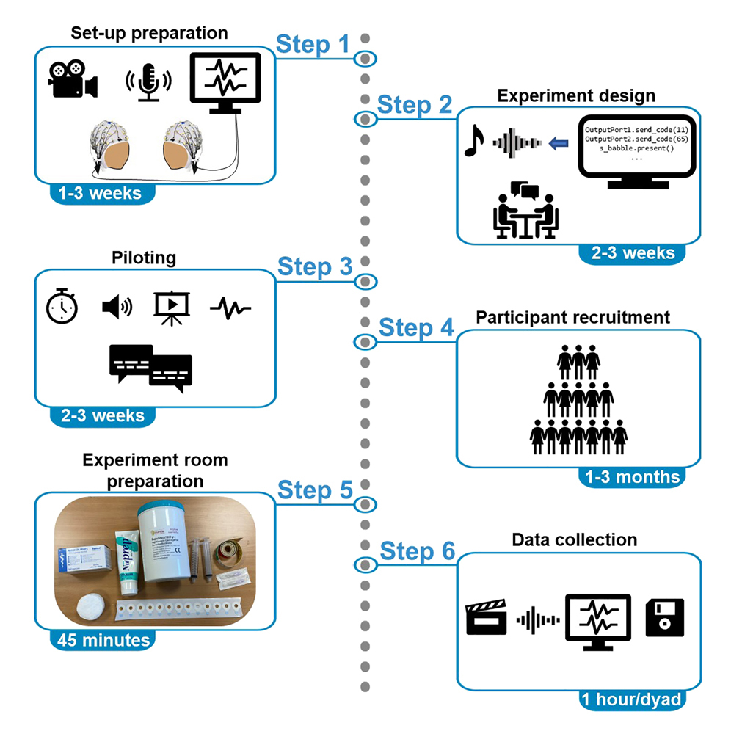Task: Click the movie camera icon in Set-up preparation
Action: (x=73, y=79)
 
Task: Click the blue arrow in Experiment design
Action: (x=560, y=142)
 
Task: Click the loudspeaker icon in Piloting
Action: (x=117, y=306)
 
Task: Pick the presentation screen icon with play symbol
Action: (x=172, y=307)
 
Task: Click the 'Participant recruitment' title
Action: (x=572, y=317)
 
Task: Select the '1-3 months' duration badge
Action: (x=632, y=476)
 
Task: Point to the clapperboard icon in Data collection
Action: (x=487, y=619)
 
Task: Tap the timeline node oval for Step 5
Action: (x=365, y=503)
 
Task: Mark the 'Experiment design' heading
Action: (x=576, y=95)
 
